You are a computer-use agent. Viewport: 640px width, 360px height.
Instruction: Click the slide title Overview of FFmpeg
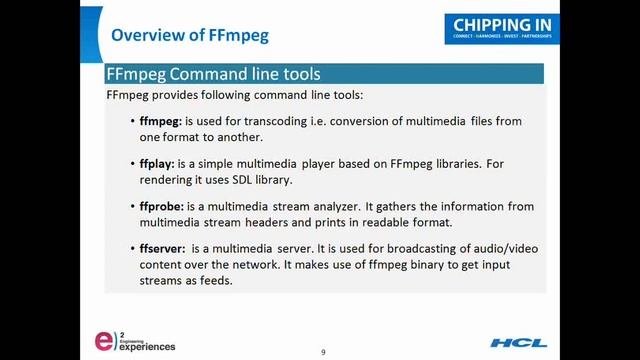coord(190,36)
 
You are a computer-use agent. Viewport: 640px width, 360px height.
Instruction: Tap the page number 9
coord(323,352)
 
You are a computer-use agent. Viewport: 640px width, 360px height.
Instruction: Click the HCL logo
coord(517,343)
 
